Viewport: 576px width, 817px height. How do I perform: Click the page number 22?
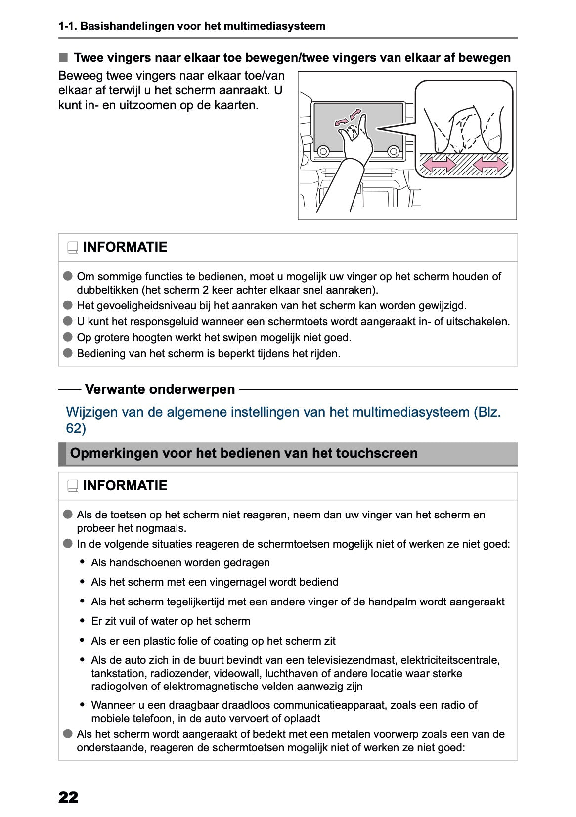pos(68,797)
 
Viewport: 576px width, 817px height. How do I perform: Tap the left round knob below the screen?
pos(323,151)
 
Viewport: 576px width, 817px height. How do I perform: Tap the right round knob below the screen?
pos(394,151)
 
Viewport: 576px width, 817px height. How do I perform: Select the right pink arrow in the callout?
pos(489,164)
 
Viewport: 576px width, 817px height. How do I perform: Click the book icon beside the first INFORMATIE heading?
pos(73,248)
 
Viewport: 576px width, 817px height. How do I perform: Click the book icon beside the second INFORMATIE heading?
pos(73,486)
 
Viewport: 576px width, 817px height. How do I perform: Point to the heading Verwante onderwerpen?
pos(160,389)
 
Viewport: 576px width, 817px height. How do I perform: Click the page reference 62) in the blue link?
pos(76,429)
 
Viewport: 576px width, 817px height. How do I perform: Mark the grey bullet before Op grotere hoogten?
pos(68,338)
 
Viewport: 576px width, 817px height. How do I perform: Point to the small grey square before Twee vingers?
pos(63,58)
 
